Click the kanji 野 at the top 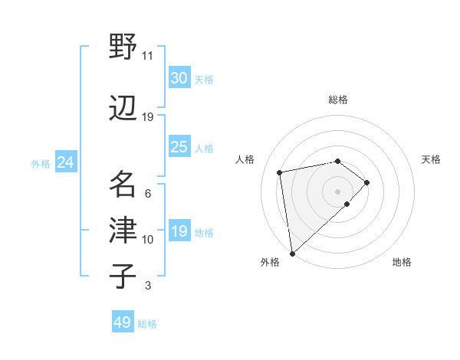123,48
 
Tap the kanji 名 123,184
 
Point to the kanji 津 123,231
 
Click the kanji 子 123,277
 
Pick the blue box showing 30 179,78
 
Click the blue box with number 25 179,147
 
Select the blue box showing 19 179,231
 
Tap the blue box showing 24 65,162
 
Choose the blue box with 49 123,322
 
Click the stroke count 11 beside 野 147,56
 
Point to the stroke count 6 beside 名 147,193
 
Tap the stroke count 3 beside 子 147,286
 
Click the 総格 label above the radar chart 337,100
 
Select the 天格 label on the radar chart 431,159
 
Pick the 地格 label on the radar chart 402,262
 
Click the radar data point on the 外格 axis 291,253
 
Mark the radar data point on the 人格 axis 280,172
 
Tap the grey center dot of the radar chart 337,190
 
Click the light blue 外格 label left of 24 41,163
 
